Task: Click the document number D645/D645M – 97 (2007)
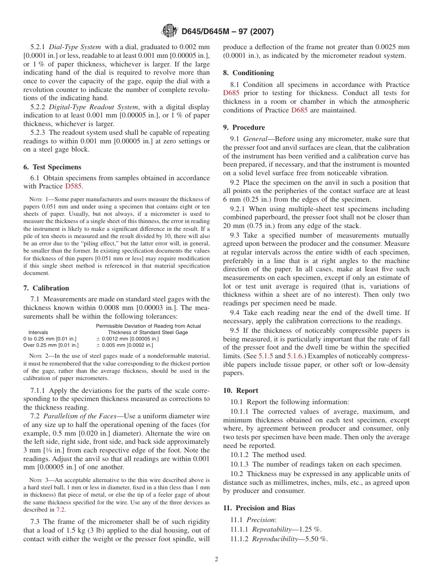(x=227, y=32)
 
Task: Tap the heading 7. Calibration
(x=46, y=288)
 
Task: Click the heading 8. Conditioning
(x=248, y=73)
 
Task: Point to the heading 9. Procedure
(x=244, y=127)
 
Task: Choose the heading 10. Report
(x=241, y=391)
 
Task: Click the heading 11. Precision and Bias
(x=259, y=508)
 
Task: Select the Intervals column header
(x=38, y=333)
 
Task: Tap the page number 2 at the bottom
(x=216, y=559)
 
